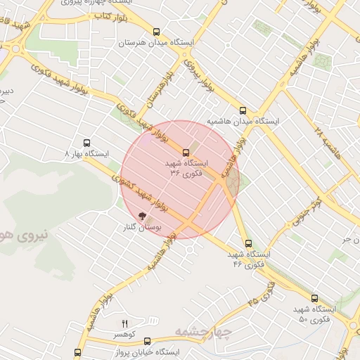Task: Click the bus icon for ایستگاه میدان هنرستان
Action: point(156,32)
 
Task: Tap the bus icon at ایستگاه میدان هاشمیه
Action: point(243,110)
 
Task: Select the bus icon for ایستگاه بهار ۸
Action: point(86,142)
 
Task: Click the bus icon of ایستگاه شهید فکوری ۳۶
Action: point(186,153)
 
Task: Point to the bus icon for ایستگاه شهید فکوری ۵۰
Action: point(314,298)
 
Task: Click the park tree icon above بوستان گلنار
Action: point(143,218)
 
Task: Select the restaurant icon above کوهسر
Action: point(125,323)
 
